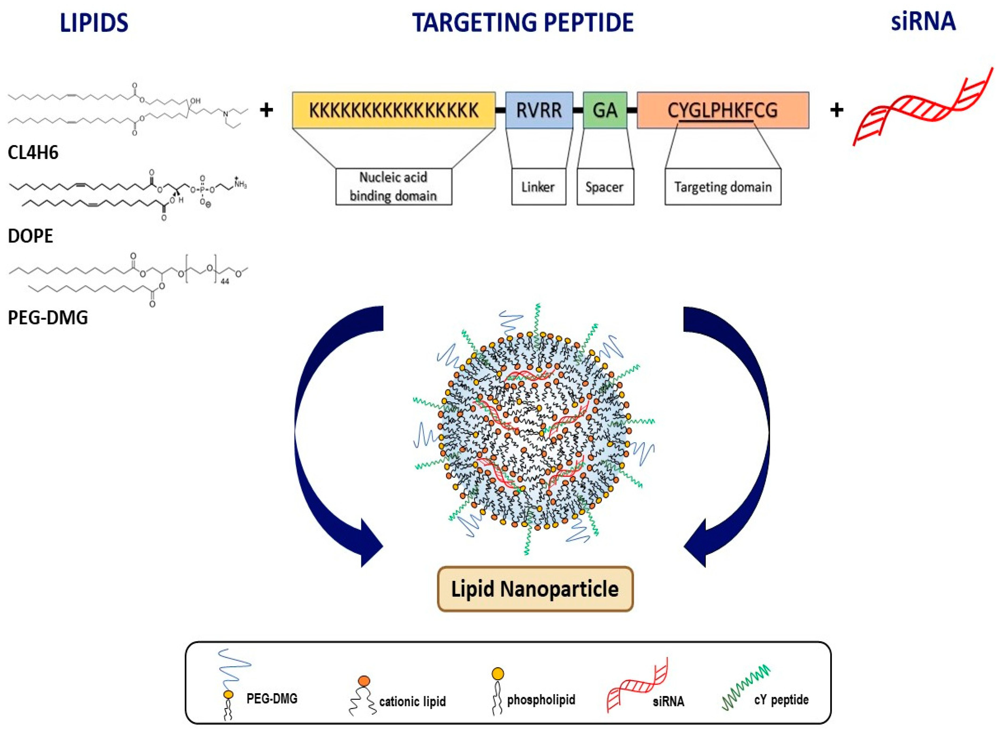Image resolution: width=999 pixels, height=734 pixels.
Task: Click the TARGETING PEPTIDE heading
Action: (523, 23)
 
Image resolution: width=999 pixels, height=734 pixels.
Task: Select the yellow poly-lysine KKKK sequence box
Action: (393, 110)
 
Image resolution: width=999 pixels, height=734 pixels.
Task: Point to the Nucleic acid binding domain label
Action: (393, 187)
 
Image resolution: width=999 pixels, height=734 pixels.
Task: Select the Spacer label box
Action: (605, 187)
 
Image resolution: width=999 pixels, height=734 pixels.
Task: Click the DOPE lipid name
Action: (30, 236)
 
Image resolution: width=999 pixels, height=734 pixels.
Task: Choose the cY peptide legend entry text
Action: (781, 700)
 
